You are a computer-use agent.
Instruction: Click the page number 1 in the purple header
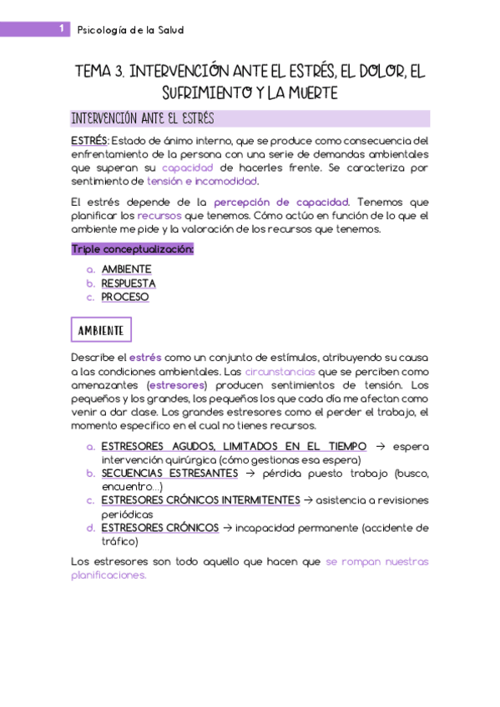63,29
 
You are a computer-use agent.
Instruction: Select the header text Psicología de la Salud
130,30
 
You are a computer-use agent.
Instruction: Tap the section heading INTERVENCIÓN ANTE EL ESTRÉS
143,118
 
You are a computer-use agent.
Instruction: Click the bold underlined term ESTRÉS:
90,140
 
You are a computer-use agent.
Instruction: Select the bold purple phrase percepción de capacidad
284,202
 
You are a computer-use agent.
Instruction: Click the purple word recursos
160,215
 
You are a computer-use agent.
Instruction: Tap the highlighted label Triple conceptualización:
133,248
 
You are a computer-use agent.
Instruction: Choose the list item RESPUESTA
129,283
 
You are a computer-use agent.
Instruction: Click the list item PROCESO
125,297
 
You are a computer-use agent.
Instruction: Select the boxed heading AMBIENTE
102,331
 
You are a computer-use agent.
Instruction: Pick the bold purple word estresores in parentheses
175,385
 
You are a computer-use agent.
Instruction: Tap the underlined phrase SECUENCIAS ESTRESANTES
169,473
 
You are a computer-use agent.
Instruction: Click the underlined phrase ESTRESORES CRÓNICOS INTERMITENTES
200,499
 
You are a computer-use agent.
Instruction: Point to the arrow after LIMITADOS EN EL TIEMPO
380,446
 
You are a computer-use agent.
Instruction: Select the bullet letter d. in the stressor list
90,528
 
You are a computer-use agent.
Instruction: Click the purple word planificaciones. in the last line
109,575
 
